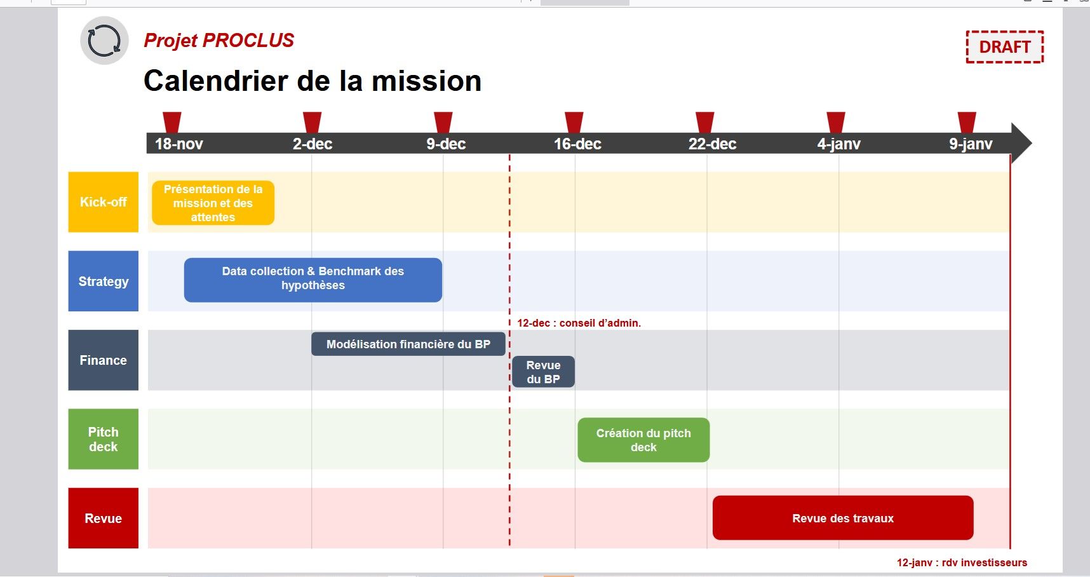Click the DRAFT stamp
point(1004,47)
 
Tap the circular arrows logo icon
point(104,41)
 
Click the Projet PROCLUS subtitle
point(219,41)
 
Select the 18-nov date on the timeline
point(178,144)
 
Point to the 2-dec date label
point(313,144)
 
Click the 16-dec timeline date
point(577,144)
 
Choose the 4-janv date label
point(838,144)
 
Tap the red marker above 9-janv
point(967,122)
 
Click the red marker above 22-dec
point(704,122)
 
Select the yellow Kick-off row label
point(104,202)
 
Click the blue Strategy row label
point(104,281)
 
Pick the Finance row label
point(104,360)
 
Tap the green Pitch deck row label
point(104,439)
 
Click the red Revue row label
point(104,518)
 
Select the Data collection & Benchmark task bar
point(313,280)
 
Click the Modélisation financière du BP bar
point(408,344)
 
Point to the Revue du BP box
point(544,372)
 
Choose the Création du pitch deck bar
point(643,440)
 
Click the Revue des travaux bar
point(843,518)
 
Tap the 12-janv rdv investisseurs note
point(962,562)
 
